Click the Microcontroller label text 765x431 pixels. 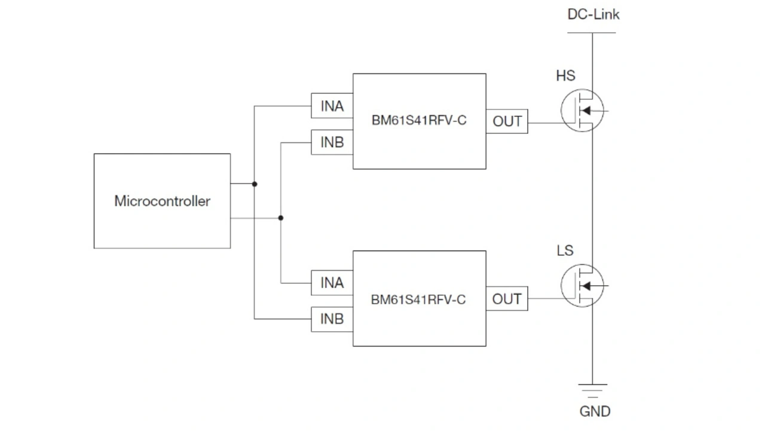tap(162, 201)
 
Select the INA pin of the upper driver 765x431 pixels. tap(332, 106)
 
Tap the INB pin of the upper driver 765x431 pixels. tap(332, 142)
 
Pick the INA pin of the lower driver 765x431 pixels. tap(332, 282)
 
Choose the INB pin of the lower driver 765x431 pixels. tap(332, 319)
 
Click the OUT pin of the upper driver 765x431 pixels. tap(507, 121)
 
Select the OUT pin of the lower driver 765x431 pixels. tap(507, 299)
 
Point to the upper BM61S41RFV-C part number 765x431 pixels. tap(418, 121)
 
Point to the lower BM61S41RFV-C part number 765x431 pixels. tap(418, 299)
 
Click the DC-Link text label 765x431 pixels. tap(593, 14)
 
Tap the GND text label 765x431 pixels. tap(595, 411)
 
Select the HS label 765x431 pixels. tap(565, 76)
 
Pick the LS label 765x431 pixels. tap(565, 250)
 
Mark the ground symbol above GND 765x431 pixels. tap(593, 390)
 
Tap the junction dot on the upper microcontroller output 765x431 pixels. tap(255, 184)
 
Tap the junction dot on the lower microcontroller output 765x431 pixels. tap(281, 218)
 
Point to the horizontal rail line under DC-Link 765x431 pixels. tap(592, 32)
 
